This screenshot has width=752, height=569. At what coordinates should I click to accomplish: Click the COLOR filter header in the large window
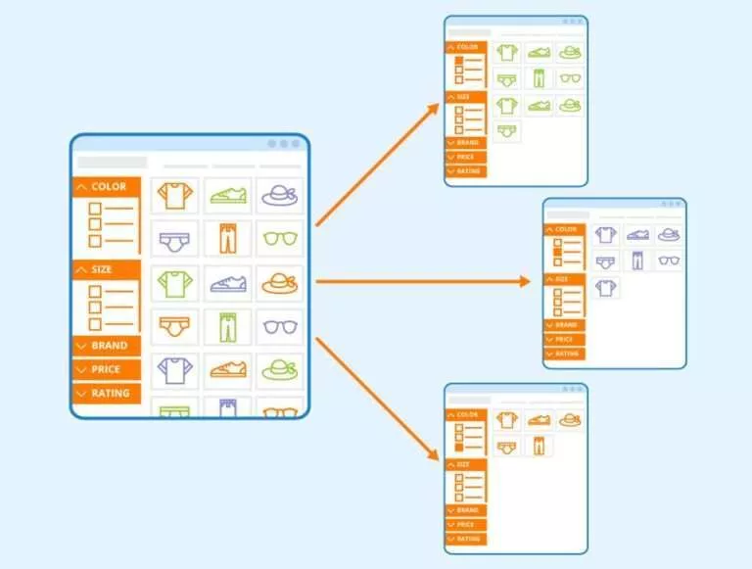[x=107, y=187]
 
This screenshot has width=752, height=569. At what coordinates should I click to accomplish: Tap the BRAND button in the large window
[x=107, y=346]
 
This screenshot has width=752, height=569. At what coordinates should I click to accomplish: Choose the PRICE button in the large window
[x=107, y=369]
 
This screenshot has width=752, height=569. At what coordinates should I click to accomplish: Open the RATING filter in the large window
[x=107, y=393]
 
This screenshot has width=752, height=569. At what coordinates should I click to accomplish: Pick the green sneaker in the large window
[x=227, y=196]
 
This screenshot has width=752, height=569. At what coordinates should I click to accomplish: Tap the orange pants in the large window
[x=227, y=239]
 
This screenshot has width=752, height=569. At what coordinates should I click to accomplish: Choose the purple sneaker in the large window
[x=227, y=283]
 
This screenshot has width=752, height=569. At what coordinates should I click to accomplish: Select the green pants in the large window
[x=227, y=326]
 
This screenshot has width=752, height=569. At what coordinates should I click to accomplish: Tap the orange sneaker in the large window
[x=227, y=370]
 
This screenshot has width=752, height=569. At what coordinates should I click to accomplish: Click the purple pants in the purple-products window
[x=638, y=261]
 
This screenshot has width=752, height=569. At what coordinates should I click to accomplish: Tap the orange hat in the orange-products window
[x=569, y=419]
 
